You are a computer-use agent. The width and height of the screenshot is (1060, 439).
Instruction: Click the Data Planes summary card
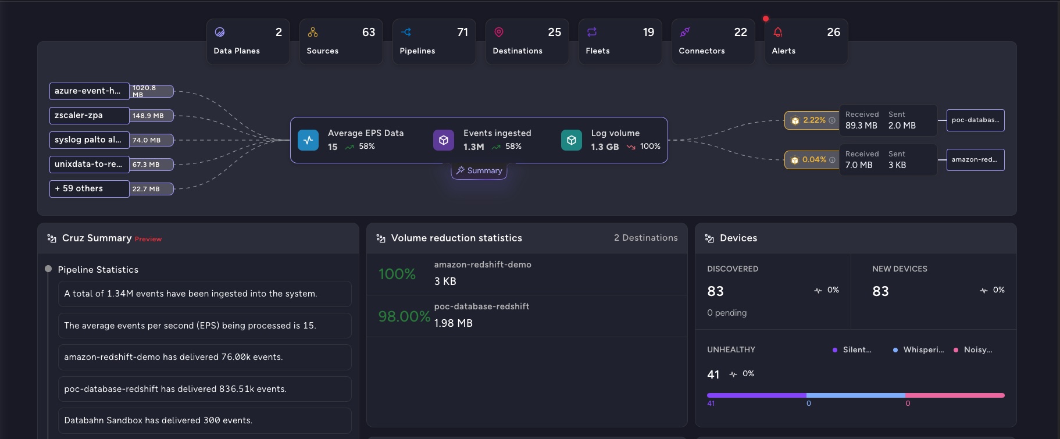[248, 41]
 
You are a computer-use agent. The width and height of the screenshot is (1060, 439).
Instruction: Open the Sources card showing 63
[341, 41]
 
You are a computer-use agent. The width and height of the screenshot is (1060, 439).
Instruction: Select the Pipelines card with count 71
[434, 41]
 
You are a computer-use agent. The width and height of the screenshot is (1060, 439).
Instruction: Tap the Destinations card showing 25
[527, 41]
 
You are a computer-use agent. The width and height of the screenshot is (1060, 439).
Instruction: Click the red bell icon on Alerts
[778, 33]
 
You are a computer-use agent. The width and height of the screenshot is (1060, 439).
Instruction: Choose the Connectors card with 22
[713, 41]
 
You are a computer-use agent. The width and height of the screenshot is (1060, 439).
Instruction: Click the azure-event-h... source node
[89, 91]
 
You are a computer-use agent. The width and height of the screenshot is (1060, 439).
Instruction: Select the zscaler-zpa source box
[89, 116]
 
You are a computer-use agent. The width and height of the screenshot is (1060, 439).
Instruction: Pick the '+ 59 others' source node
[89, 189]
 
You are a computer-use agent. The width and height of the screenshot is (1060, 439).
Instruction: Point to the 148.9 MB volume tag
[151, 116]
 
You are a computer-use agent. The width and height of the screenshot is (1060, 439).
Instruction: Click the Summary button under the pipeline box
[479, 171]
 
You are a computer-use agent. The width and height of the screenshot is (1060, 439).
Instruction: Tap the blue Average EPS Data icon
[308, 140]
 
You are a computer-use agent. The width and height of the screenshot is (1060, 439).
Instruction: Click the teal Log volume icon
[571, 140]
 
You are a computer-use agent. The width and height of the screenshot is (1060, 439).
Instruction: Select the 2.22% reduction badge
[811, 120]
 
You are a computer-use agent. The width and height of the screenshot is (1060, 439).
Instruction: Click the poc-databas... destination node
[975, 120]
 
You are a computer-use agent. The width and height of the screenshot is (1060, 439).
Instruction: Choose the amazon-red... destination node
[975, 160]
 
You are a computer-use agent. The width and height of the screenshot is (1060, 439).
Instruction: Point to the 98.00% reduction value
[404, 316]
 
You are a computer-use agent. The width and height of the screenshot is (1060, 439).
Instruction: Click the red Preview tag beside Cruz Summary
[148, 239]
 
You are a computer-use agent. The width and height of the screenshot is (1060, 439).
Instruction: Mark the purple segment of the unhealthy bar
[756, 395]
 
